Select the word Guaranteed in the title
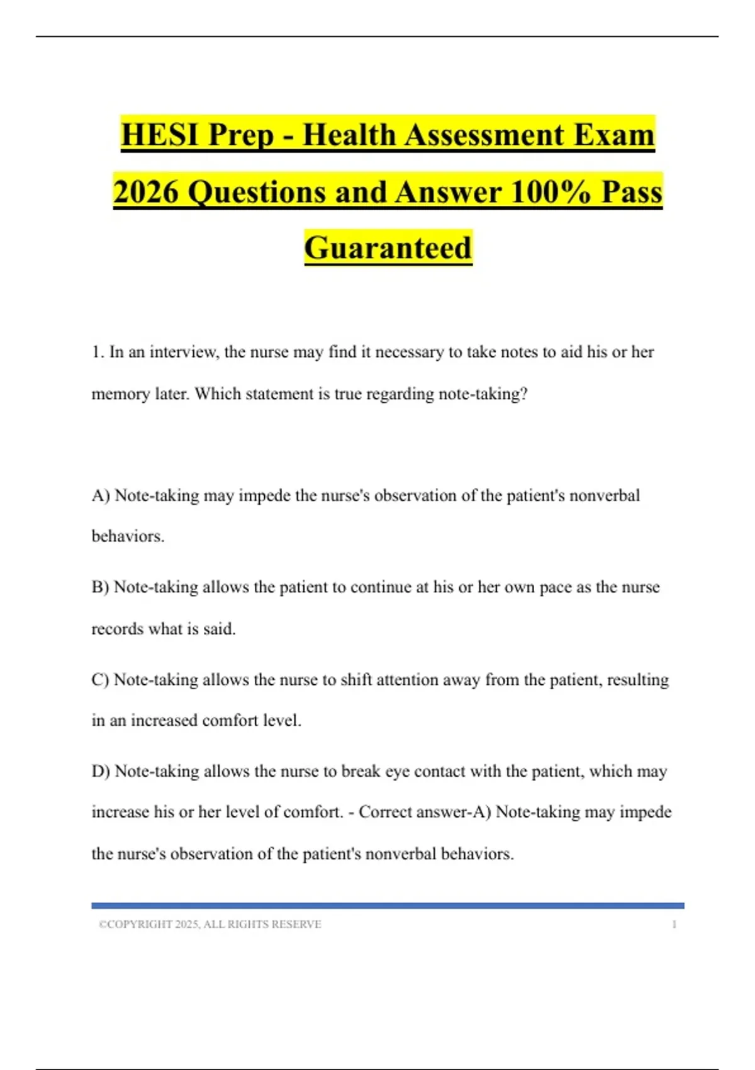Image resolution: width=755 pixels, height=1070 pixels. pos(388,247)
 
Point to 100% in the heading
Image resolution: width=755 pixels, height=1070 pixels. pos(551,191)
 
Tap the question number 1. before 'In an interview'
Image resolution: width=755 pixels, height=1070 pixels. pos(98,352)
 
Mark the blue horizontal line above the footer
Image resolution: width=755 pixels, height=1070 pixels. pos(388,906)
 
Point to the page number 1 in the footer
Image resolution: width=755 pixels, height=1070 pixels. pos(674,925)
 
